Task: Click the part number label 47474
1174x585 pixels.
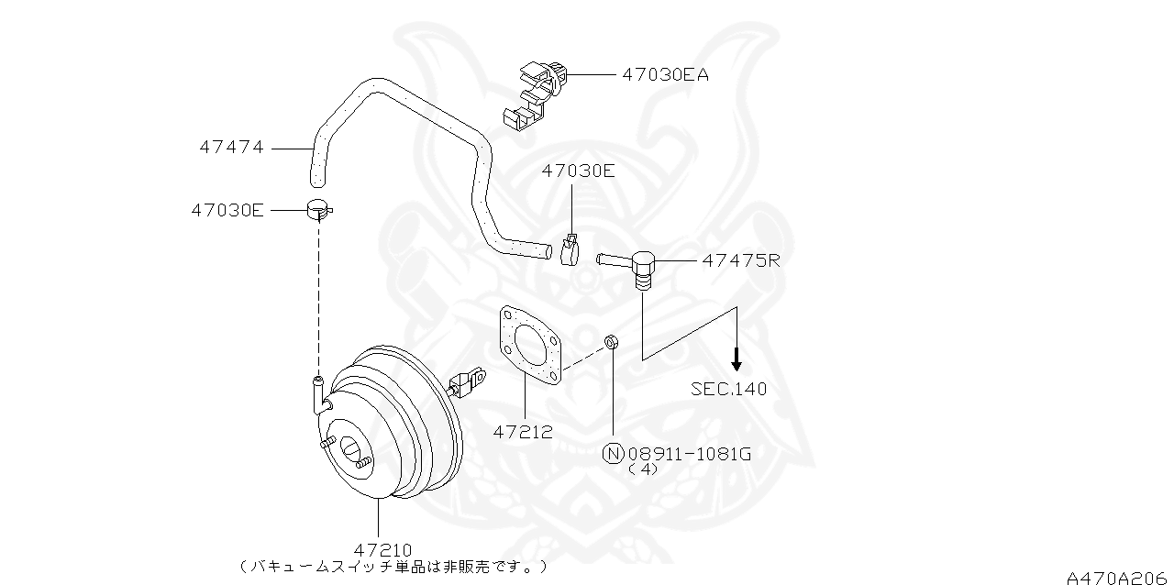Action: click(231, 147)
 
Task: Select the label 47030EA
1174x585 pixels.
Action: click(665, 75)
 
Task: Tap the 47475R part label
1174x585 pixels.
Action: click(740, 260)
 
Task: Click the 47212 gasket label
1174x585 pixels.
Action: click(523, 432)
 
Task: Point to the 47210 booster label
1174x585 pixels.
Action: click(382, 550)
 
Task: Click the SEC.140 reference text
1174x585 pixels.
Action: click(729, 389)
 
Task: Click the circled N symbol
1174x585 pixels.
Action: click(613, 452)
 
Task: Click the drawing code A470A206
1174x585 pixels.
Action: click(1118, 577)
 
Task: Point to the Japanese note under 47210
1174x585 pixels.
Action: click(394, 567)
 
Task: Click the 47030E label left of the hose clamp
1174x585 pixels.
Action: click(227, 210)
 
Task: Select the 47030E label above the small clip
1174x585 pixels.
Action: click(578, 171)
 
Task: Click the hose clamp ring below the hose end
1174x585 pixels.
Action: click(318, 211)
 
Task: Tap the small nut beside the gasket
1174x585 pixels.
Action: click(611, 343)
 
